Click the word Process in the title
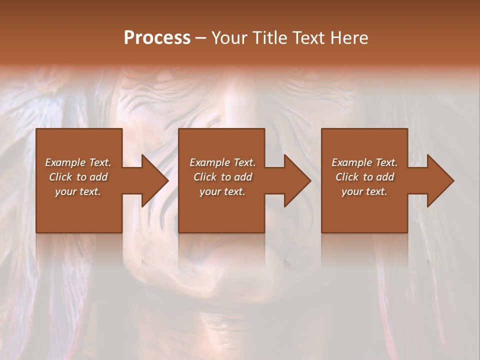[x=157, y=37]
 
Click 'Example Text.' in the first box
[x=78, y=162]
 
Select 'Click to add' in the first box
[x=78, y=177]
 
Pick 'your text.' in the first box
[x=78, y=191]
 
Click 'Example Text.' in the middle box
[x=222, y=162]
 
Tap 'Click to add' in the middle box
[x=222, y=177]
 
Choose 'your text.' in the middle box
[x=222, y=191]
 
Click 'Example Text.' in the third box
[x=364, y=162]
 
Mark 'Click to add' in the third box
[x=364, y=177]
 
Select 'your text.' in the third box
[x=364, y=191]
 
